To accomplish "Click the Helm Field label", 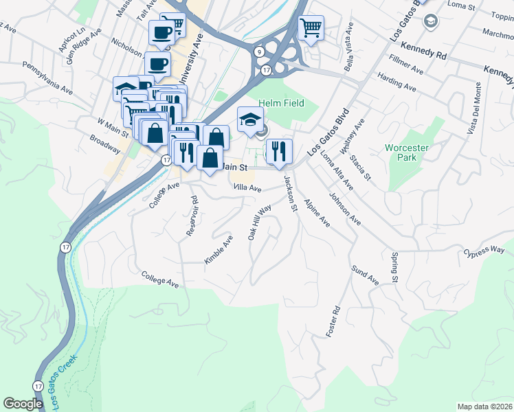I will tap(281, 103).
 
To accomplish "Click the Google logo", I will tap(23, 404).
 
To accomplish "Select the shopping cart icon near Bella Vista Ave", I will tap(311, 28).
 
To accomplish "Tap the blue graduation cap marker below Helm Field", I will tap(251, 119).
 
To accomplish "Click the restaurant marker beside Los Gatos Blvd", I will tap(279, 151).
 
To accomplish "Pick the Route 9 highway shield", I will tap(259, 52).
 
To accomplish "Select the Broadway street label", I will tap(104, 144).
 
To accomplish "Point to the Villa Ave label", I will tap(247, 187).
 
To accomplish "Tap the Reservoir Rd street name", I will tap(192, 217).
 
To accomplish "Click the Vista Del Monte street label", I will tap(475, 109).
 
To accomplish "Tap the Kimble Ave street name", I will tap(219, 249).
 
